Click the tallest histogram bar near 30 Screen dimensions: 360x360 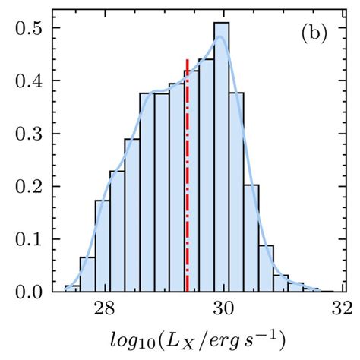pyautogui.click(x=221, y=159)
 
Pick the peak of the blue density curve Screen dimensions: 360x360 pyautogui.click(x=219, y=37)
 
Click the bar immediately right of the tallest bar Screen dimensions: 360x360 pyautogui.click(x=236, y=194)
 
